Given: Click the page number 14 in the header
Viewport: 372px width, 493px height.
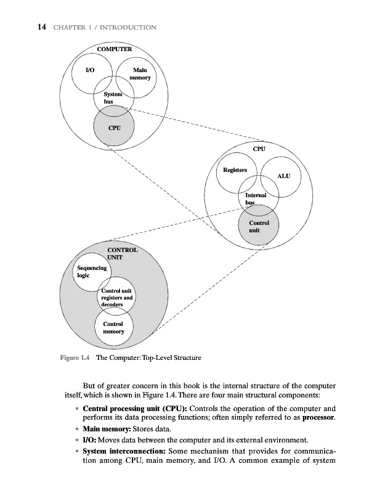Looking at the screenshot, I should (x=26, y=27).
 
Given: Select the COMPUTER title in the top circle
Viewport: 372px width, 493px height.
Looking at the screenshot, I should (x=115, y=49).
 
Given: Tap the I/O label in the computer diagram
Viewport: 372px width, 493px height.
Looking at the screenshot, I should (x=89, y=70).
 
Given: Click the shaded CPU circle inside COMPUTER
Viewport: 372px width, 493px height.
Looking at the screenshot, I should (x=113, y=128).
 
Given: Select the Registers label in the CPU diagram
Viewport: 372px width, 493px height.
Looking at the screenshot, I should (x=235, y=169).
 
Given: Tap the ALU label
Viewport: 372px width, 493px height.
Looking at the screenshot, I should (x=284, y=176).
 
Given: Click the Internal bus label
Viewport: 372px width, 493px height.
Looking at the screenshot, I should (x=255, y=199).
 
